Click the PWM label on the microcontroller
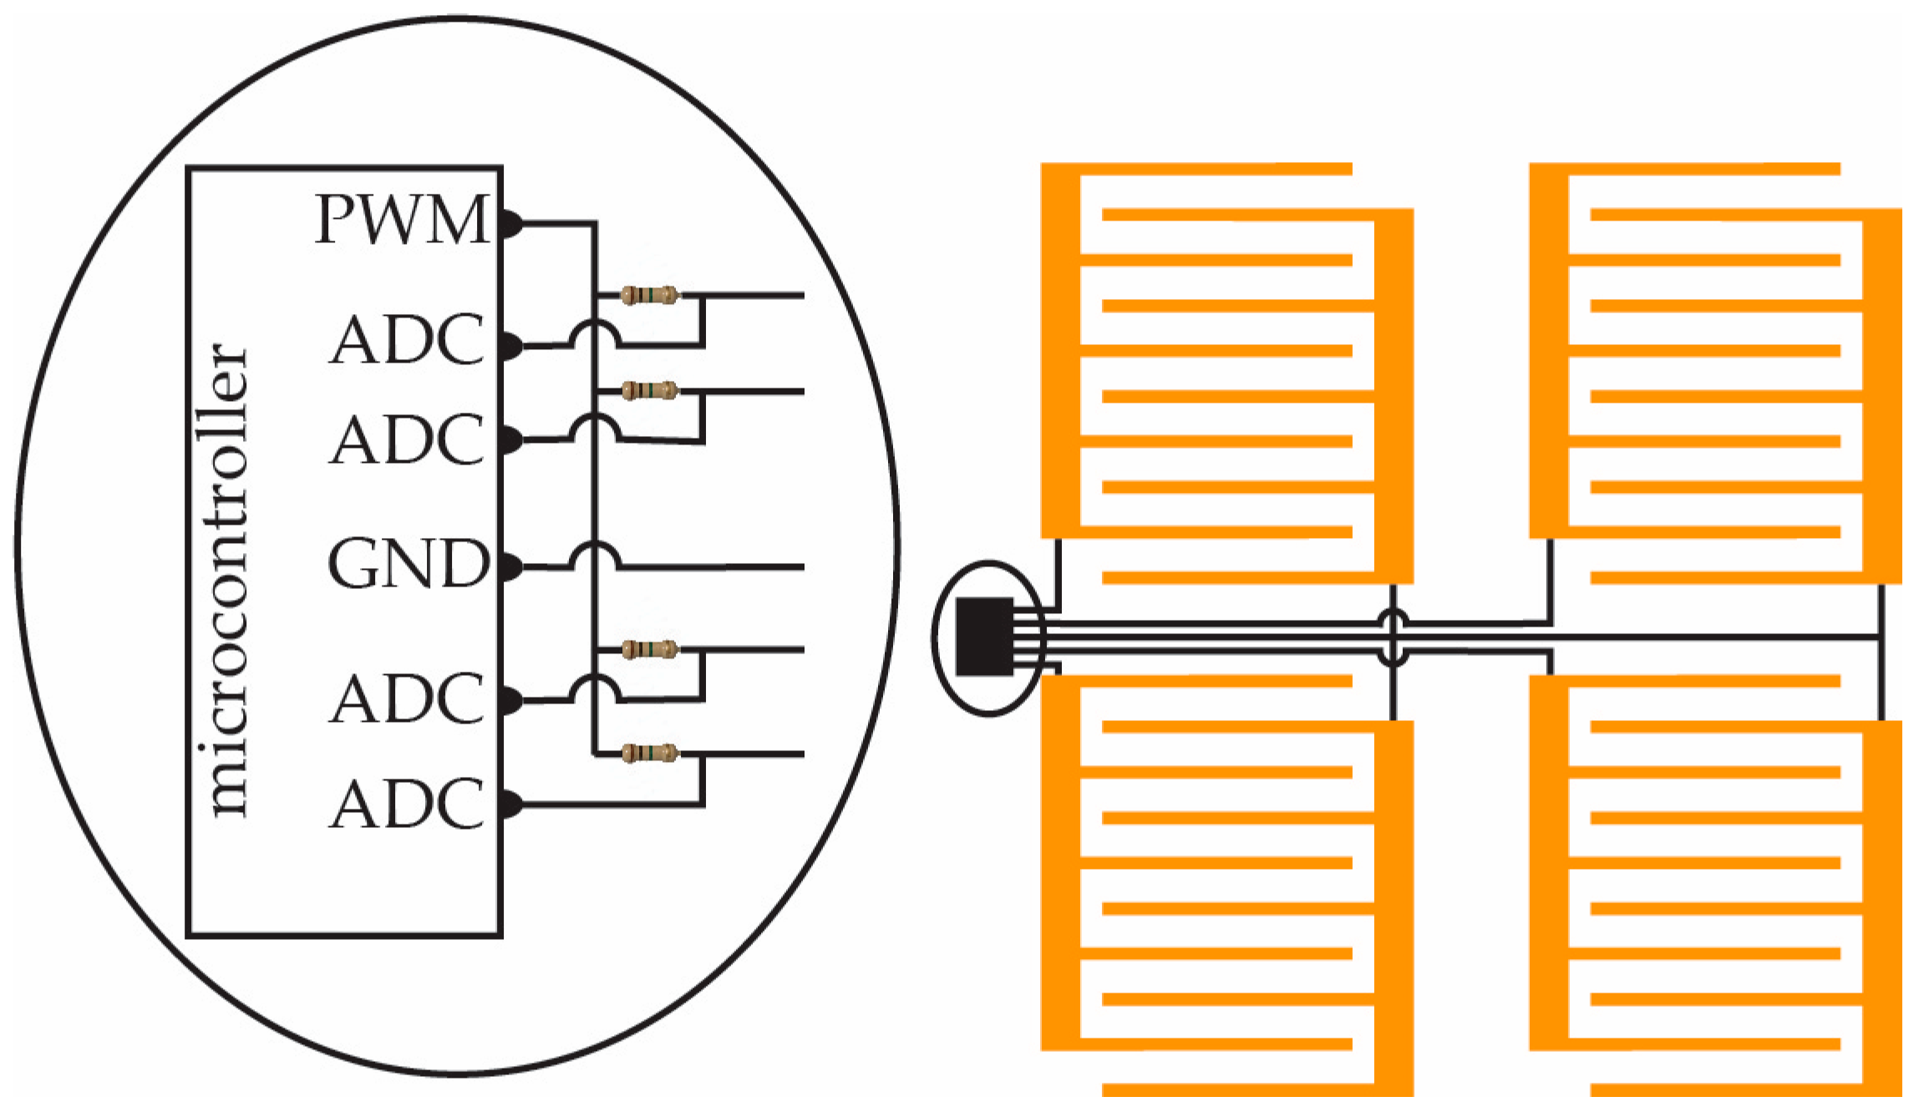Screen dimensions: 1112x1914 [x=402, y=220]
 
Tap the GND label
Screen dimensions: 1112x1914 [x=408, y=564]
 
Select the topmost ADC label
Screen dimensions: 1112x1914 [x=407, y=340]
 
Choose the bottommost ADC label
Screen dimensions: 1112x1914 [x=407, y=804]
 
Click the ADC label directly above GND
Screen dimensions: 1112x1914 [x=407, y=439]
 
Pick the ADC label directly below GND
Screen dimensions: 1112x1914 [x=407, y=698]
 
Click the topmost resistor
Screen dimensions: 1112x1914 [x=649, y=295]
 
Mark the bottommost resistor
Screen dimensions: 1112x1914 [x=649, y=754]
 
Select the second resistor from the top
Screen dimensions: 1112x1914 [x=649, y=390]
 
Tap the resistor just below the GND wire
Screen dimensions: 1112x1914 [x=649, y=649]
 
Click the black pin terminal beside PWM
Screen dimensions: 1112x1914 [x=510, y=224]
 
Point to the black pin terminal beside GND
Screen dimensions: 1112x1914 [x=510, y=566]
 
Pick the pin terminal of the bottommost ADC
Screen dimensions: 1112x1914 [x=510, y=805]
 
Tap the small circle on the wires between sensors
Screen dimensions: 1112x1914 [x=1392, y=637]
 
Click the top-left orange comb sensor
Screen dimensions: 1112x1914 [x=1226, y=373]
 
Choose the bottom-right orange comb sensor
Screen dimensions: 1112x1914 [x=1715, y=885]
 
